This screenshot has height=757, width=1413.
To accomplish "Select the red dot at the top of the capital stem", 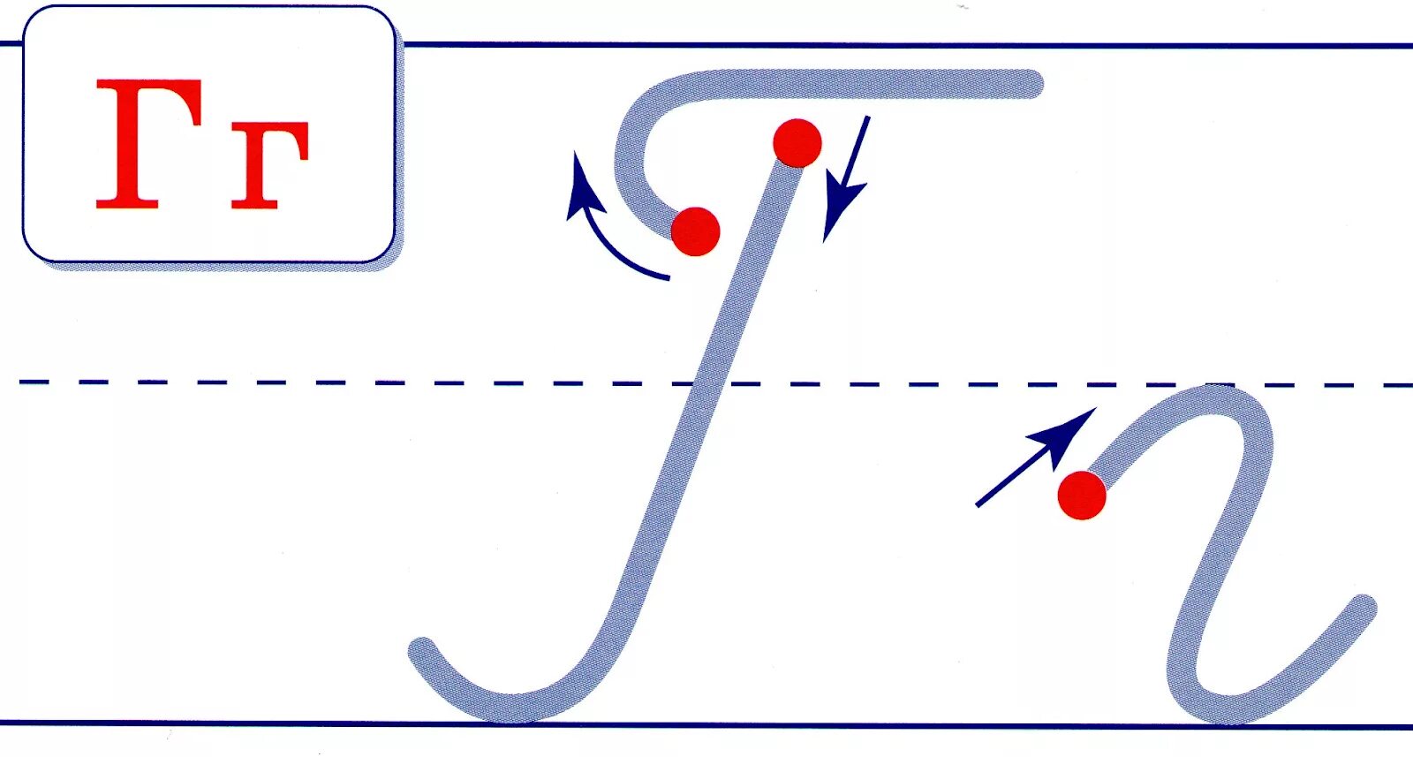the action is coord(797,143).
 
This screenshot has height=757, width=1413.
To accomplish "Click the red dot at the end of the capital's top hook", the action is coord(696,231).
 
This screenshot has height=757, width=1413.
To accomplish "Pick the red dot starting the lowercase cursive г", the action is coord(1082,496).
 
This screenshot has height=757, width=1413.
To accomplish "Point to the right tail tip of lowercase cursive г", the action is coord(1364,607).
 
